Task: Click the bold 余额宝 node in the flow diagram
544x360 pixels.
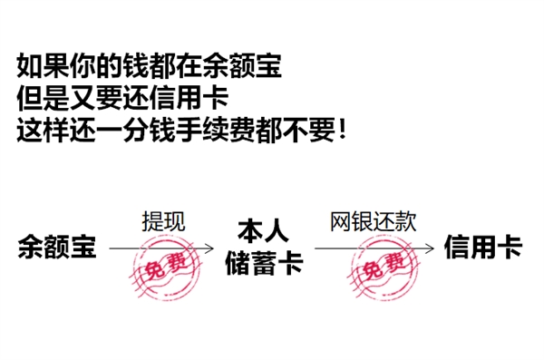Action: click(x=56, y=247)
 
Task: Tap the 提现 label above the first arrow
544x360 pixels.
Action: click(x=164, y=221)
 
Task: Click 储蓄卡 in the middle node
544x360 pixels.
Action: click(x=263, y=264)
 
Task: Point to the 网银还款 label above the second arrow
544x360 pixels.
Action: click(x=372, y=221)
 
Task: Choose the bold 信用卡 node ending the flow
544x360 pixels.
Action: click(x=483, y=247)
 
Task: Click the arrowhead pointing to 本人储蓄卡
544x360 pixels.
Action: click(x=210, y=247)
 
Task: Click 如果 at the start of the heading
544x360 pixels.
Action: click(x=40, y=66)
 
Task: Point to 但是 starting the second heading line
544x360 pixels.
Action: click(x=40, y=97)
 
